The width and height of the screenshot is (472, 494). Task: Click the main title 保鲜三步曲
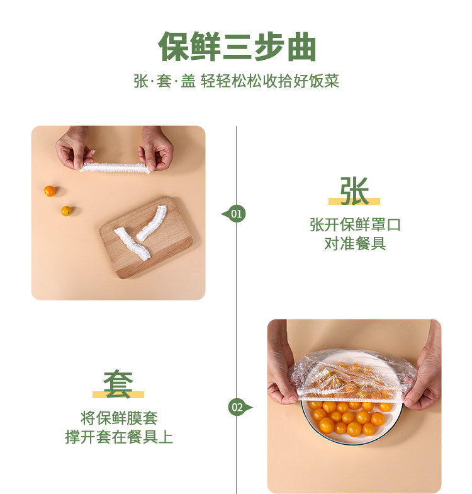pos(237,47)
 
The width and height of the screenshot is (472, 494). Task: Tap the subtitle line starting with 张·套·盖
pos(237,81)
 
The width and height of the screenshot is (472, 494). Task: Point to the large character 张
pos(354,191)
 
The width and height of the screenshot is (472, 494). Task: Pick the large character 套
pos(118,384)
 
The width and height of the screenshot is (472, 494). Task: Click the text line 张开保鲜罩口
pos(355,225)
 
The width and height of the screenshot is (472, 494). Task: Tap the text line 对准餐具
pos(355,243)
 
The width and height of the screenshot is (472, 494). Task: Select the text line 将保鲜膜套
pos(119,418)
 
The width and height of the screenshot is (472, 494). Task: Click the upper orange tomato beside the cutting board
pos(49,191)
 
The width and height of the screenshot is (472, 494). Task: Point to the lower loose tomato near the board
pos(66,210)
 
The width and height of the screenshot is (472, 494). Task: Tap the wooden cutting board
pos(145,237)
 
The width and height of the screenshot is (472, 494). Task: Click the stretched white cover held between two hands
pos(115,168)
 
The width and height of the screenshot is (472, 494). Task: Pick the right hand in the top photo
pos(156,148)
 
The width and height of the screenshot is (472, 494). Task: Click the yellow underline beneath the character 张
pos(354,202)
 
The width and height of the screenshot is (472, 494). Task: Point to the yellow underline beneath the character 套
pos(118,394)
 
